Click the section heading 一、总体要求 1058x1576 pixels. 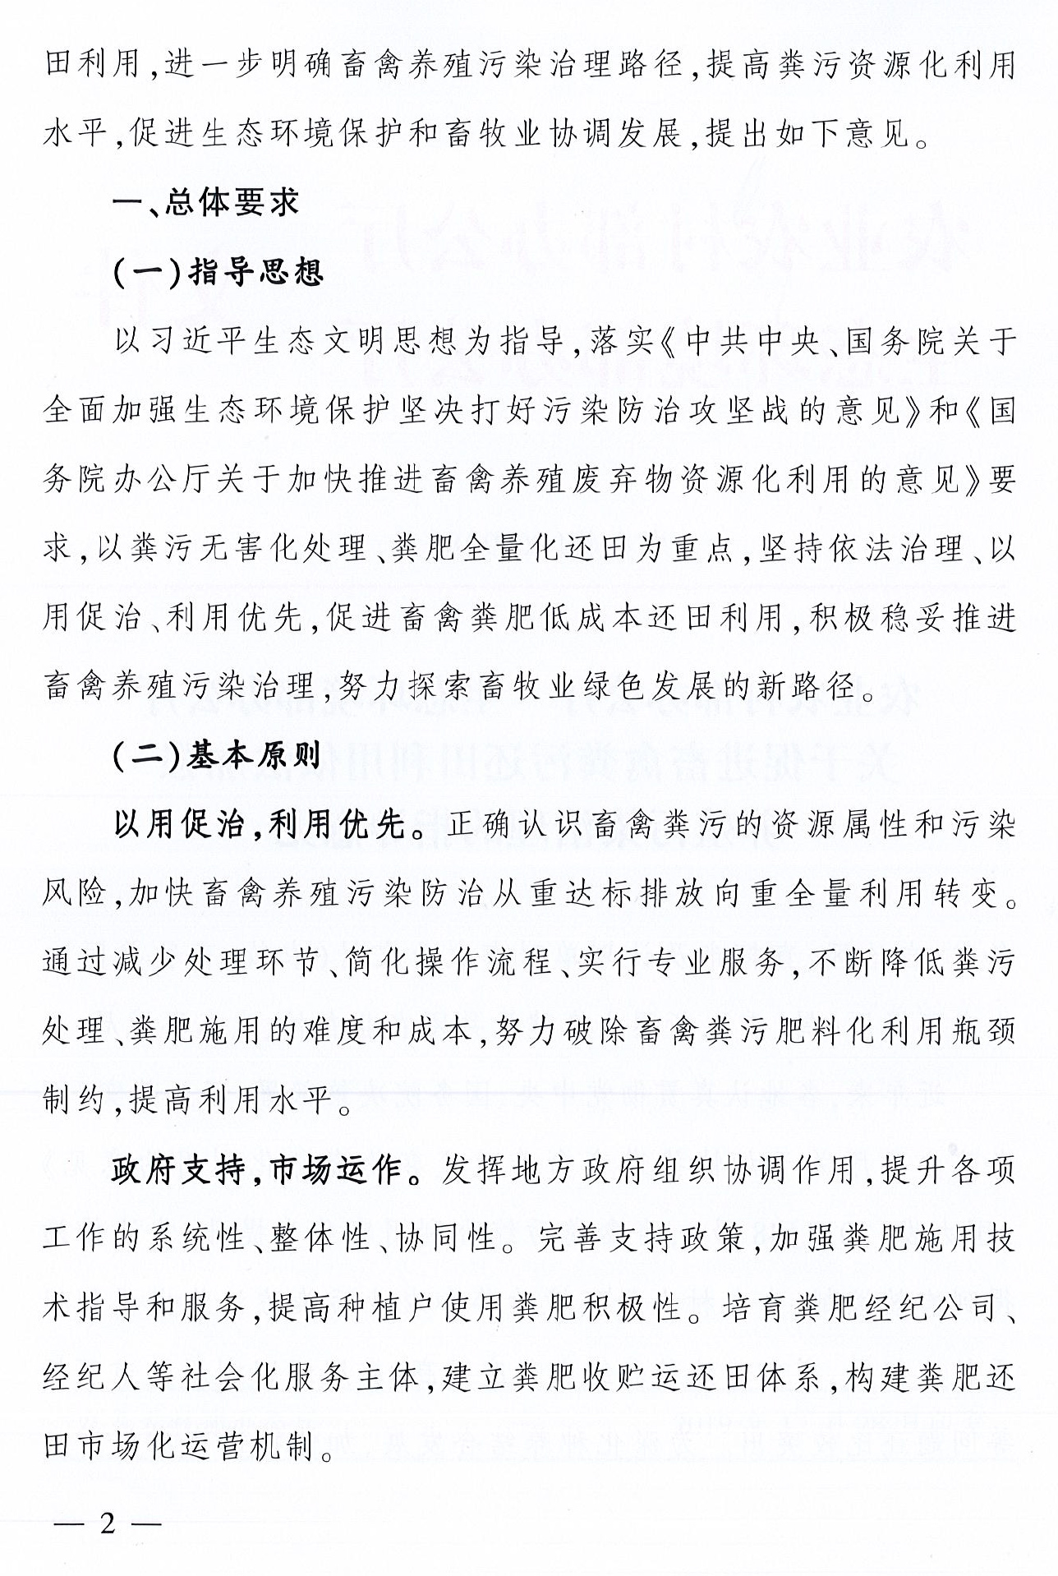pyautogui.click(x=206, y=203)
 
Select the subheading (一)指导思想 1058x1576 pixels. pyautogui.click(x=218, y=272)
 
